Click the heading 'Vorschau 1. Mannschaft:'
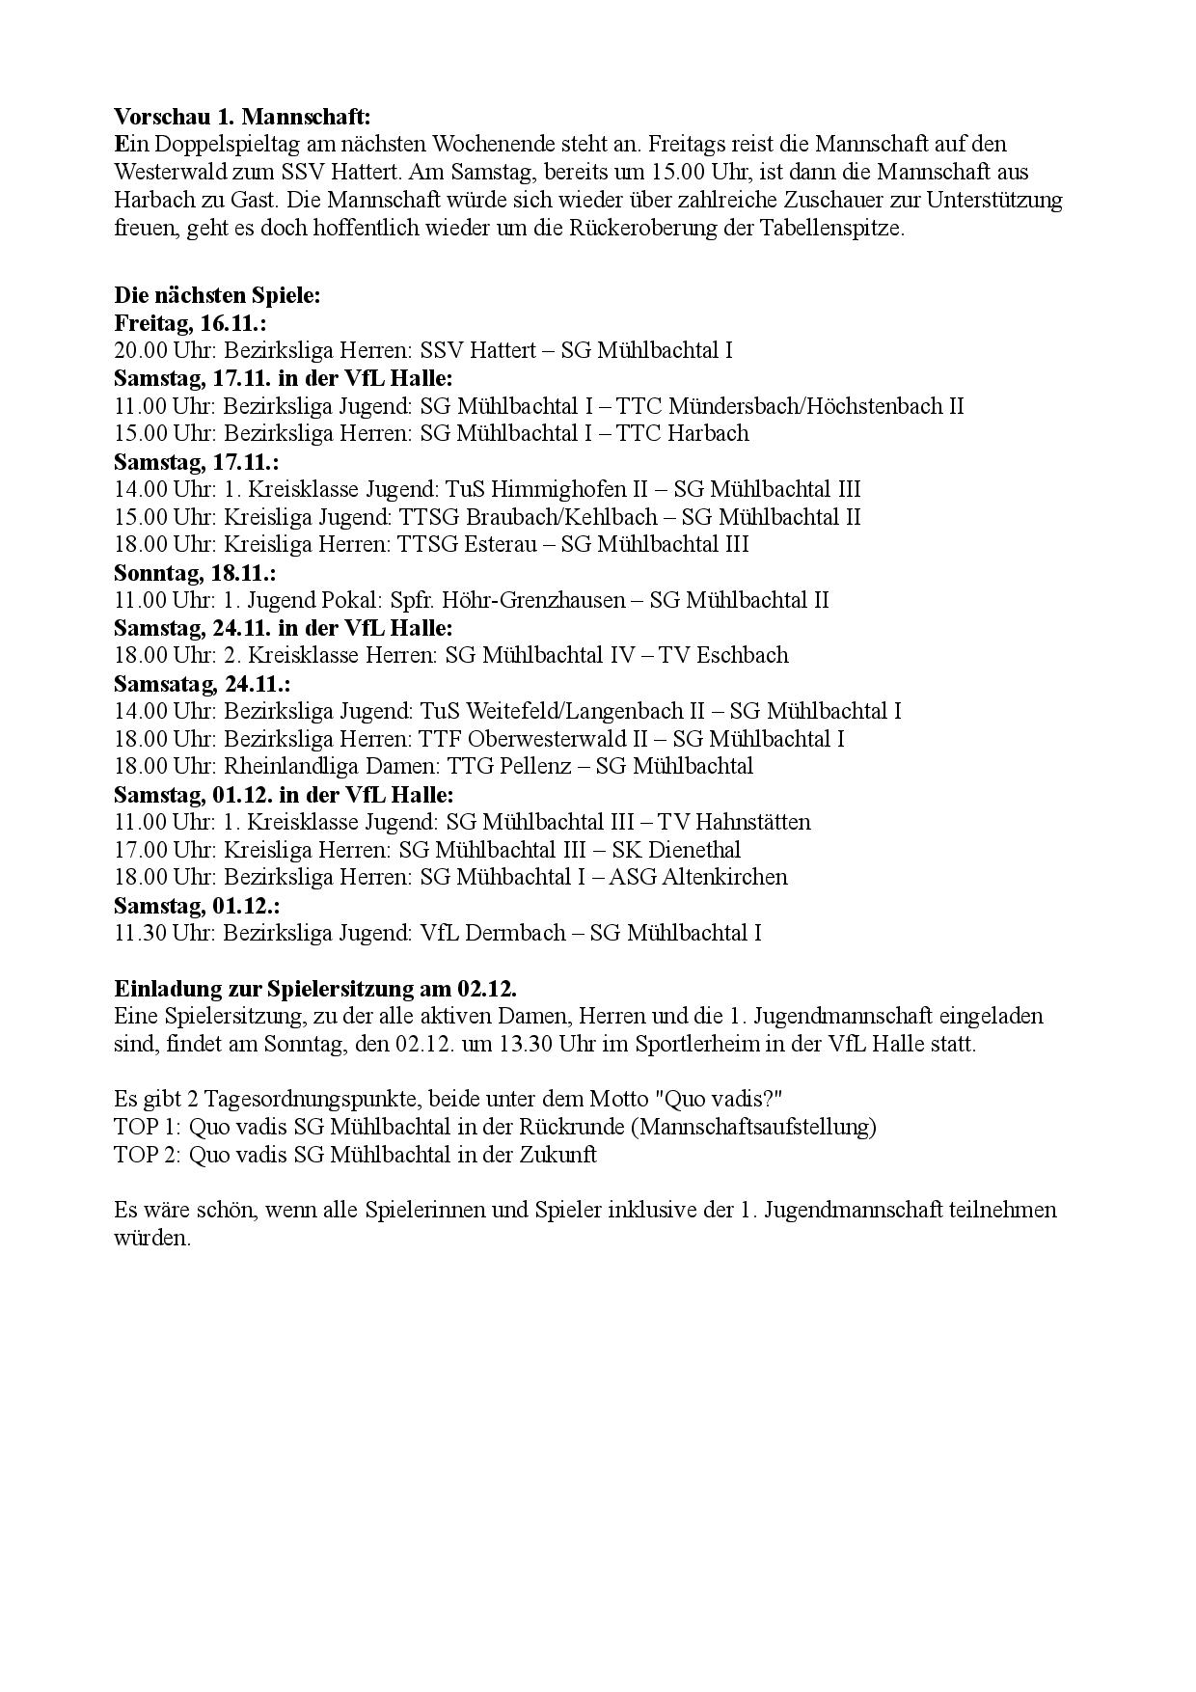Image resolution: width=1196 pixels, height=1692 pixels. pos(241,117)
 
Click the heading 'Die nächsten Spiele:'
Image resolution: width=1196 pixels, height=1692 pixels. pos(216,295)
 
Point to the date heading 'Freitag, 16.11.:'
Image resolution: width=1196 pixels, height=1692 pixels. pos(190,322)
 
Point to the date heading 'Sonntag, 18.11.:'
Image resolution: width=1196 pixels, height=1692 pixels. pos(195,572)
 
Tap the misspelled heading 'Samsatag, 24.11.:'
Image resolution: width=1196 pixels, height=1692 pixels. pos(202,683)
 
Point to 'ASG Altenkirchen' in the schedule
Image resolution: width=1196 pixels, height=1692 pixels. pos(705,877)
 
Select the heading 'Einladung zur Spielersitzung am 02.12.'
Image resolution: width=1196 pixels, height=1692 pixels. pos(315,989)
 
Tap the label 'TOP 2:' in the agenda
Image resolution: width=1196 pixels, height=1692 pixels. pos(148,1155)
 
